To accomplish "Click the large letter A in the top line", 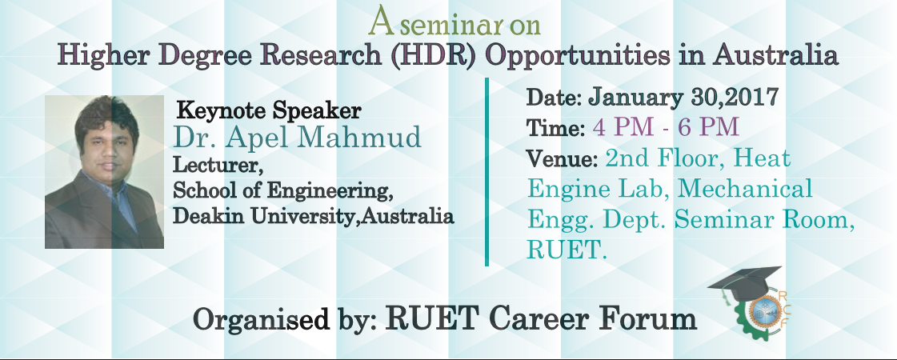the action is (382, 22).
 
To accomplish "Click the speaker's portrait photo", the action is (104, 172).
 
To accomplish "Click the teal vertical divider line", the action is (487, 172).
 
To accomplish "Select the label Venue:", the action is (563, 158).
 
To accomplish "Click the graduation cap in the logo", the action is (744, 282).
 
